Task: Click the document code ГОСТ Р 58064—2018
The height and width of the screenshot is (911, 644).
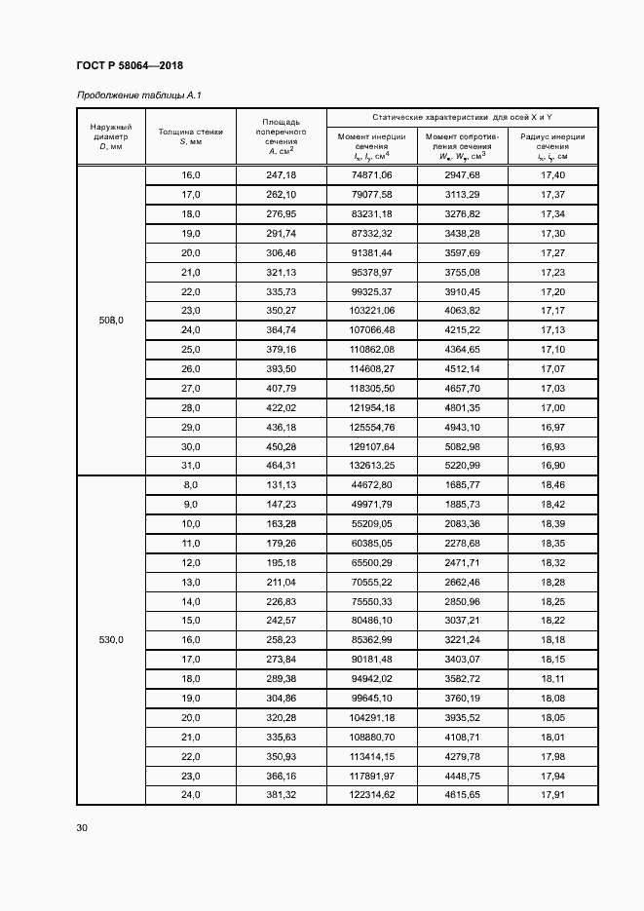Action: pyautogui.click(x=129, y=65)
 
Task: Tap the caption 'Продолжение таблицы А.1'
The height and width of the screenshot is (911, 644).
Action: pyautogui.click(x=137, y=95)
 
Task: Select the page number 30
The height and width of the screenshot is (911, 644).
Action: pyautogui.click(x=82, y=828)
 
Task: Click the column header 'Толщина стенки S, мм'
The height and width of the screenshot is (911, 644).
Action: pyautogui.click(x=190, y=136)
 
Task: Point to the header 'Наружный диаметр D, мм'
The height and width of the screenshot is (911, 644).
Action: pyautogui.click(x=110, y=136)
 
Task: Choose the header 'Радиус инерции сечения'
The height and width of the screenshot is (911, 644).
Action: pyautogui.click(x=551, y=146)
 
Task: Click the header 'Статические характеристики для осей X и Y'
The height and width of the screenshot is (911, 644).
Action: pyautogui.click(x=461, y=117)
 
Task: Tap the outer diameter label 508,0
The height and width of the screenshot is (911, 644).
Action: pyautogui.click(x=110, y=320)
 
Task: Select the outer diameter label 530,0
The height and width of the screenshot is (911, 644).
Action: pyautogui.click(x=110, y=640)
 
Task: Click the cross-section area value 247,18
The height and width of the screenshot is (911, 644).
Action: pyautogui.click(x=280, y=174)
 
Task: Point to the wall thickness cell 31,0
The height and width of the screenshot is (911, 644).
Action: pyautogui.click(x=190, y=466)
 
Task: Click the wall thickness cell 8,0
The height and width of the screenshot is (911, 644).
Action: pyautogui.click(x=190, y=485)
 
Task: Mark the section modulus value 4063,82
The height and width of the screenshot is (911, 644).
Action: pyautogui.click(x=462, y=310)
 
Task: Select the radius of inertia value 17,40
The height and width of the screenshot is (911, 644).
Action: pyautogui.click(x=551, y=174)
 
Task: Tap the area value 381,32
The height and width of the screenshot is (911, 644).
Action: pyautogui.click(x=280, y=796)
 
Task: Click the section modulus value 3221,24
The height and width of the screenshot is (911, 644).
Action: pyautogui.click(x=462, y=640)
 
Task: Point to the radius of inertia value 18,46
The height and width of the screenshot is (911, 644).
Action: pyautogui.click(x=551, y=485)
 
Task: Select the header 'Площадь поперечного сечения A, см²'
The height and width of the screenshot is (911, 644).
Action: pyautogui.click(x=280, y=136)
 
